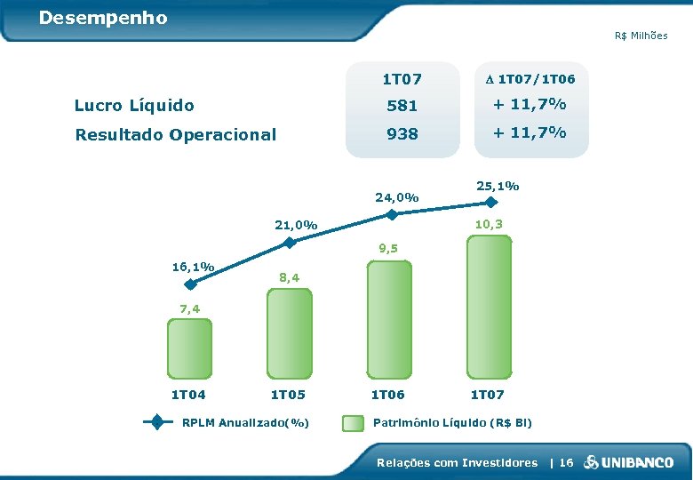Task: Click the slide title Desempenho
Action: (103, 18)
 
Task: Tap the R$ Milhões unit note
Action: (641, 36)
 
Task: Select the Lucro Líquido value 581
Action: (402, 106)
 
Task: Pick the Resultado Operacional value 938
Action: (402, 134)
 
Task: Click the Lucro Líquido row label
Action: (134, 106)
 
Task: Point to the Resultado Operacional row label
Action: (176, 135)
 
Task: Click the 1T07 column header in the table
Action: (402, 79)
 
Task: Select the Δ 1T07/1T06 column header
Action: (530, 79)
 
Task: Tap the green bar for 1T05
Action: (290, 333)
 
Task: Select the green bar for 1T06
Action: (388, 318)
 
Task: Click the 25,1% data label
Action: (498, 187)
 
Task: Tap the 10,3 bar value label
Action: (488, 224)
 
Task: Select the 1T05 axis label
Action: (289, 395)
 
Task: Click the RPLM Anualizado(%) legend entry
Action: (245, 422)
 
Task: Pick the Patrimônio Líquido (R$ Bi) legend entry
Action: (453, 422)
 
